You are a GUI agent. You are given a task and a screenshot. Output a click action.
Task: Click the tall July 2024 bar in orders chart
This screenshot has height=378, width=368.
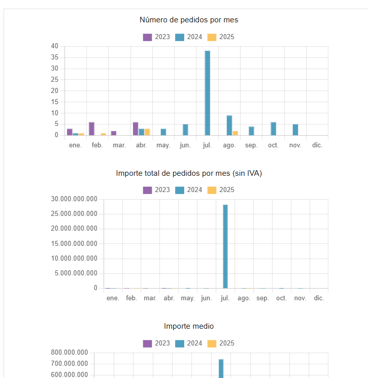(207, 93)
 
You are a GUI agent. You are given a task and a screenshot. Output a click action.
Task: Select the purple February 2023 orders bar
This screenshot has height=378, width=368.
(91, 129)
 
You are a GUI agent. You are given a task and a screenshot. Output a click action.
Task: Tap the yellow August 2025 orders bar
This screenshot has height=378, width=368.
(235, 133)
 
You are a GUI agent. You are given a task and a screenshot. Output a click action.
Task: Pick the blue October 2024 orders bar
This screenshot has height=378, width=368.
(273, 129)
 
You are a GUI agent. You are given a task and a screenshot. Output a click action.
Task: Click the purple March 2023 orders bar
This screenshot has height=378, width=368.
(114, 133)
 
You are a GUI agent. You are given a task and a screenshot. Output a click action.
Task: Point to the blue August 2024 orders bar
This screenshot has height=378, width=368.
(229, 125)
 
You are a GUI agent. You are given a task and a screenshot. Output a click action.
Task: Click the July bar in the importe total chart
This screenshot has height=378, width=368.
(225, 246)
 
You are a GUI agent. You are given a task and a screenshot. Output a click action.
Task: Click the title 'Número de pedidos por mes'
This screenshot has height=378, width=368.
(189, 20)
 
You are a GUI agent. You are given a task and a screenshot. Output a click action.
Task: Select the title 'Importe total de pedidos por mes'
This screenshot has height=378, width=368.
(189, 173)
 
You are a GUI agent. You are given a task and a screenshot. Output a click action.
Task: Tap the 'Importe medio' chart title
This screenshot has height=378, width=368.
(189, 326)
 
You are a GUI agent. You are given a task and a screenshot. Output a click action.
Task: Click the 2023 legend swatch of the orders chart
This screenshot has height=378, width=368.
(148, 37)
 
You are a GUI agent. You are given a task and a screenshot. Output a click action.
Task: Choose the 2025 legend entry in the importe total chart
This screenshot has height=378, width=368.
(221, 190)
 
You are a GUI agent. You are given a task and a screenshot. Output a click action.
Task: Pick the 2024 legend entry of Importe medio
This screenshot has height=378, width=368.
(188, 343)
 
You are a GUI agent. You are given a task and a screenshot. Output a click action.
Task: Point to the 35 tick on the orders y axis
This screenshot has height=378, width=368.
(55, 57)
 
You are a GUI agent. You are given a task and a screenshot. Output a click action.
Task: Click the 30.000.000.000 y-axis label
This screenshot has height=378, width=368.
(74, 199)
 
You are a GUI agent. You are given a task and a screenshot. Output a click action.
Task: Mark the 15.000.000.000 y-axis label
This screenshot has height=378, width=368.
(74, 243)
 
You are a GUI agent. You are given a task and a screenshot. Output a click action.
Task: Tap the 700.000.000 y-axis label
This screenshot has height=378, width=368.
(70, 364)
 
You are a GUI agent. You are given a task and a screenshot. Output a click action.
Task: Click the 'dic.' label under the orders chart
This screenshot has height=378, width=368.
(317, 145)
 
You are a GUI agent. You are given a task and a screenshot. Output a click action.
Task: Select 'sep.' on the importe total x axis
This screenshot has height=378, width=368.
(262, 298)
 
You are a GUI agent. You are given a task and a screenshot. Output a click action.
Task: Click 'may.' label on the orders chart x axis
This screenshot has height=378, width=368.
(163, 145)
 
